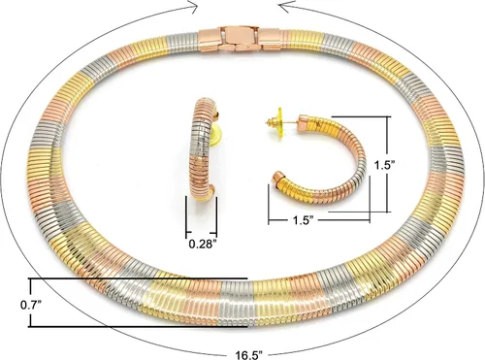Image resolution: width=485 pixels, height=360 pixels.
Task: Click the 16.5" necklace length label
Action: click(248, 355)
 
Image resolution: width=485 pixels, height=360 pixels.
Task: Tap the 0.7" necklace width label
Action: click(31, 305)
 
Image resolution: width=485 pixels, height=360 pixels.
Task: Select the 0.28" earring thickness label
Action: click(203, 244)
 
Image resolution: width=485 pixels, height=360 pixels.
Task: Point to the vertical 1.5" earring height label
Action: click(385, 165)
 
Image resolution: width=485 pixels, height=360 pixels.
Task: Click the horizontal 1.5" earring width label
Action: click(304, 220)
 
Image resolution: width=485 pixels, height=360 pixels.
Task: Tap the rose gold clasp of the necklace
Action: click(240, 39)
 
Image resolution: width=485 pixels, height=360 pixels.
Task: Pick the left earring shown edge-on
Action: click(203, 149)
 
